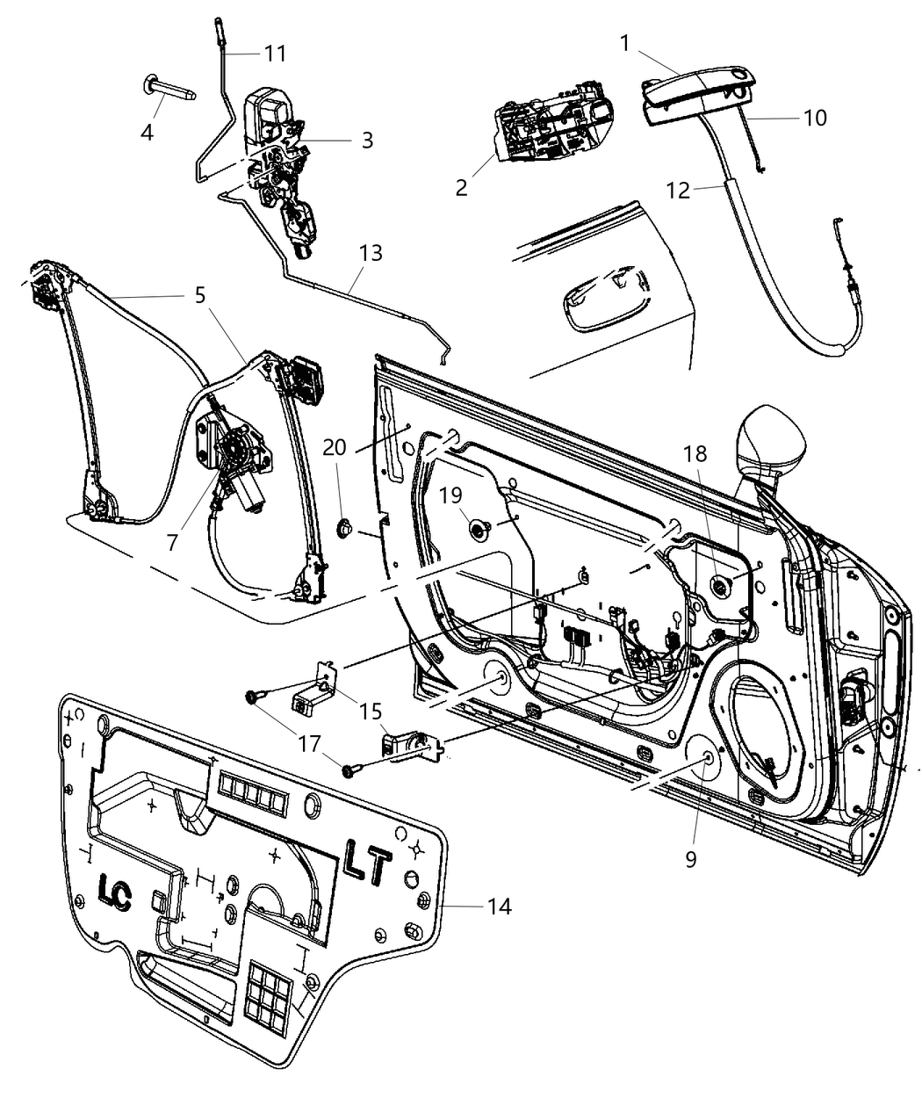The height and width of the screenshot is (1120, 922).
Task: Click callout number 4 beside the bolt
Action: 147,132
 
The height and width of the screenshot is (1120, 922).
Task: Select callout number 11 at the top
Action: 275,54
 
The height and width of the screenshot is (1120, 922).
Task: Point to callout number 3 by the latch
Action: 366,140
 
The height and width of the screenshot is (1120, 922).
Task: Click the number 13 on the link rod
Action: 371,253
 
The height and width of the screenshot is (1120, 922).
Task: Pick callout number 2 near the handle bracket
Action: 462,187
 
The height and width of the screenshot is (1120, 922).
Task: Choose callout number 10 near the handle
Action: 815,117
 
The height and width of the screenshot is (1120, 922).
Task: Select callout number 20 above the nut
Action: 334,447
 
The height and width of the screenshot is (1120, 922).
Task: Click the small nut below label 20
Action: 345,529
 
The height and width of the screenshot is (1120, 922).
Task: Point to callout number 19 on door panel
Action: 450,495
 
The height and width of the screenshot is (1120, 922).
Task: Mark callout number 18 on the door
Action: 695,453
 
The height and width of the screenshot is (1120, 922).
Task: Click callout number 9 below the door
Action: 691,858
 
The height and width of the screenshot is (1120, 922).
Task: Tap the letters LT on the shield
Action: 367,864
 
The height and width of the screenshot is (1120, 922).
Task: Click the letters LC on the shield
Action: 114,894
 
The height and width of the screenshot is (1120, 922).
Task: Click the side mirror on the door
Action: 772,439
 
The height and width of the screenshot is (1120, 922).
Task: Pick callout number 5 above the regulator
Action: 200,294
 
